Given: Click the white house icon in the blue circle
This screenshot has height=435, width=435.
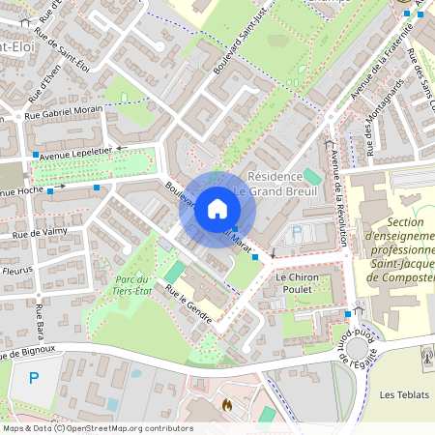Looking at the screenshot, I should click(x=217, y=209).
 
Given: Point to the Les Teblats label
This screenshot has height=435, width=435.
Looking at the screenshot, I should click(x=402, y=394).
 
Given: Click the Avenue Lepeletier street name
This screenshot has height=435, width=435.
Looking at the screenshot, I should click(x=81, y=150).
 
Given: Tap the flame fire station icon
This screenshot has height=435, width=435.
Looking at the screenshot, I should click(x=227, y=404).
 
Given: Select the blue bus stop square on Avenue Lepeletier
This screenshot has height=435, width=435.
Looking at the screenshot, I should click(x=36, y=155).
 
